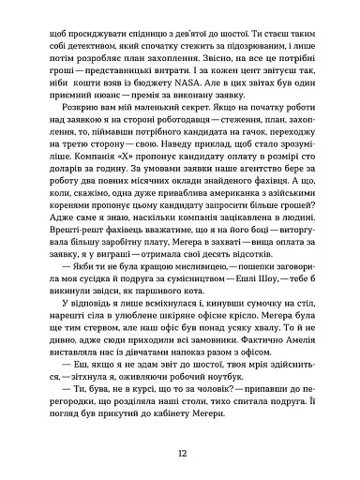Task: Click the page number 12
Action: coord(180,454)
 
